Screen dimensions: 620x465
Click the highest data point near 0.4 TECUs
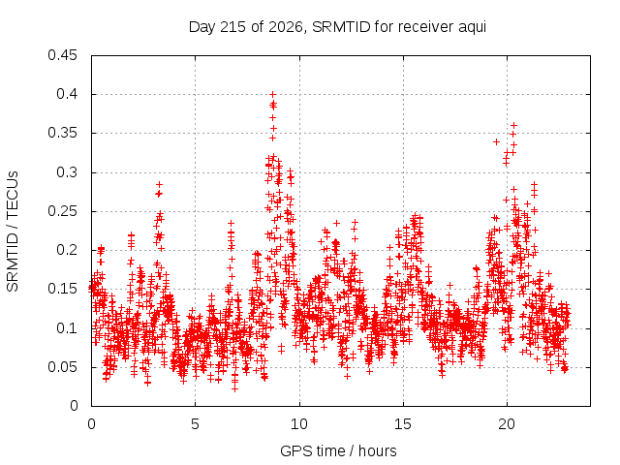click(x=272, y=95)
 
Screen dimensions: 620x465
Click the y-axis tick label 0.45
click(x=62, y=55)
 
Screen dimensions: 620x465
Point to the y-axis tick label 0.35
click(x=62, y=133)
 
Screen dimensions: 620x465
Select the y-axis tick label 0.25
click(x=62, y=211)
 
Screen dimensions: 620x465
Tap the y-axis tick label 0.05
click(x=62, y=367)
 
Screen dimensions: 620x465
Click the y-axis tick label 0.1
click(x=67, y=328)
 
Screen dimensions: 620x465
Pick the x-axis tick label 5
click(x=195, y=424)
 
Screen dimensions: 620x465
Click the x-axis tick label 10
click(x=299, y=424)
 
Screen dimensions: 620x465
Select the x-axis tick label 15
click(x=403, y=424)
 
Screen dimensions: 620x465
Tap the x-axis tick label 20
click(x=507, y=424)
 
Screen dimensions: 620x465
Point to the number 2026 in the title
click(x=285, y=27)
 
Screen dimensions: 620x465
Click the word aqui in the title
click(x=472, y=28)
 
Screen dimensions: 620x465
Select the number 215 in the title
click(x=233, y=27)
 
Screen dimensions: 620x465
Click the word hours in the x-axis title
click(x=377, y=450)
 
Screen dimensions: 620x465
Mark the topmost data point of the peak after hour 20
click(x=513, y=125)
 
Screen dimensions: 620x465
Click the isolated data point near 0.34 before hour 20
click(x=496, y=141)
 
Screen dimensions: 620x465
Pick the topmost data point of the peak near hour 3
click(x=159, y=184)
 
